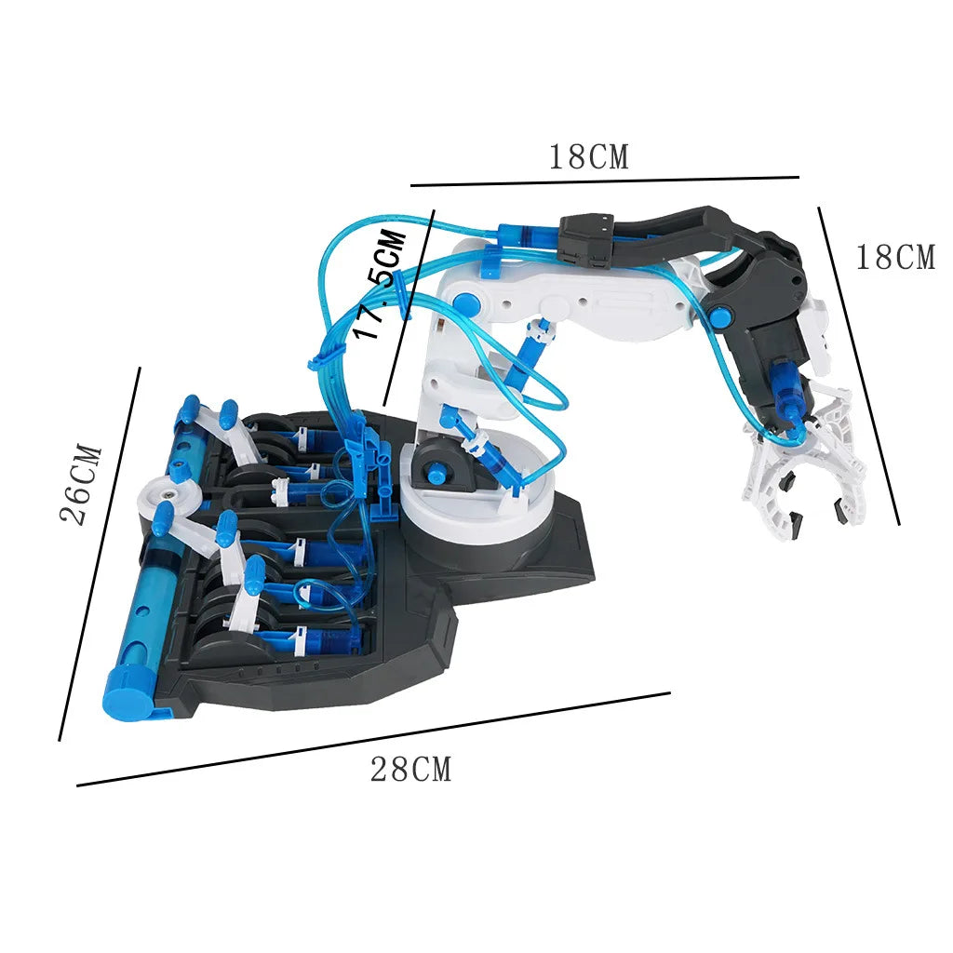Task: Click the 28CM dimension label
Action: coord(410,770)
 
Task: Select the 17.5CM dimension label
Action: coord(384,285)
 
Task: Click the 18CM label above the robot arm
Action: coord(588,157)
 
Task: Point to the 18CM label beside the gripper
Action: coord(894,258)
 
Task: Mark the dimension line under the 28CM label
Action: coord(372,739)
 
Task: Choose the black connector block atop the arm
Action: coord(585,240)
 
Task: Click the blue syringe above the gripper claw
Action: coord(785,391)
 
